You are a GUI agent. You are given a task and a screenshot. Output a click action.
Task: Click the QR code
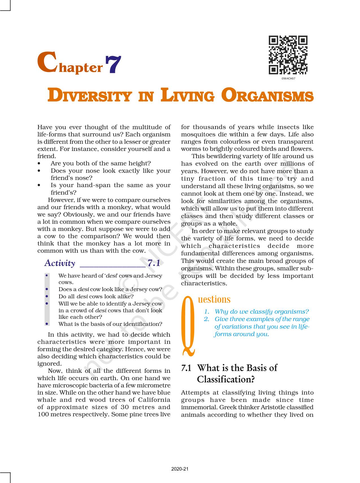tap(288, 55)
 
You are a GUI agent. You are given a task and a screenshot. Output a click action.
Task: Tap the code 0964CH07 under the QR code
tap(288, 79)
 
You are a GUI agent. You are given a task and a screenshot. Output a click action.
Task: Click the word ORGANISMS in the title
tap(267, 96)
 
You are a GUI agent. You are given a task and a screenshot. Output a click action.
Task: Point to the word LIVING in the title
tap(187, 96)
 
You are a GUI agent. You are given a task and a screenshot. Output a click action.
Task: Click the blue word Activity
tap(60, 263)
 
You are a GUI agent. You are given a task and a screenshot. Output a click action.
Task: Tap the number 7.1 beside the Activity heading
tap(154, 263)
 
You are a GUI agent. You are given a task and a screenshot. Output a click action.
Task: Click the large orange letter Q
tap(189, 325)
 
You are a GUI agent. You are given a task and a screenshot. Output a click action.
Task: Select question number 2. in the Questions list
tap(207, 319)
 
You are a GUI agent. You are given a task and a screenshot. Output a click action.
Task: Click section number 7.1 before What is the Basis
tap(186, 368)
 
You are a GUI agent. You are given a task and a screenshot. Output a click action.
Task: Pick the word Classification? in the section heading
tap(226, 379)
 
